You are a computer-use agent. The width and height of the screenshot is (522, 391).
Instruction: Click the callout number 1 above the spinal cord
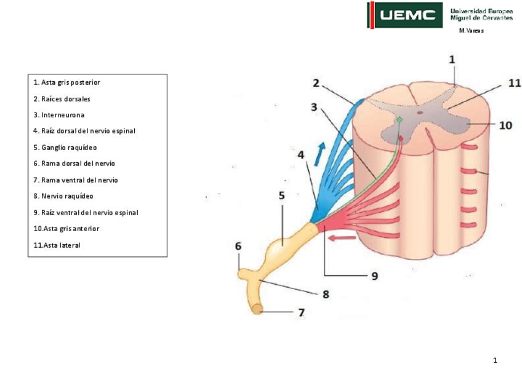(452, 60)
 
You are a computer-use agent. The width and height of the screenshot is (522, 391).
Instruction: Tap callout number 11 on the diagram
(514, 83)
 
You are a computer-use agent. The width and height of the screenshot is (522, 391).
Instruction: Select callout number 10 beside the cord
(505, 125)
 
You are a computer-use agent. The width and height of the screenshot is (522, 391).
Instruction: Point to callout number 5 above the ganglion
(282, 195)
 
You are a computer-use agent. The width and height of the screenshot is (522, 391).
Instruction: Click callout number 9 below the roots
(374, 276)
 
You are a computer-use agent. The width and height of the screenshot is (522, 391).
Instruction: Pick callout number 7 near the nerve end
(301, 312)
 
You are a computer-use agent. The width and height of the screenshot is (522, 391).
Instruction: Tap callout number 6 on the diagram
(238, 246)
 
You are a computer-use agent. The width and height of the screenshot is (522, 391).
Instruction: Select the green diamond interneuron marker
(399, 119)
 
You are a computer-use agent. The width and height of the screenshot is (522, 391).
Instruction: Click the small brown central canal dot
(420, 113)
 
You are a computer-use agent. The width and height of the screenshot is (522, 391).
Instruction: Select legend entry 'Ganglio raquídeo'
(65, 148)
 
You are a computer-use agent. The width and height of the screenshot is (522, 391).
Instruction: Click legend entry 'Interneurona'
(59, 115)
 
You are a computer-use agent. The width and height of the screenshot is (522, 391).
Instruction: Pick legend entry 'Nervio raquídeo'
(63, 196)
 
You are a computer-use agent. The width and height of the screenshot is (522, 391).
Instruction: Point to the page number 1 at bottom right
(494, 360)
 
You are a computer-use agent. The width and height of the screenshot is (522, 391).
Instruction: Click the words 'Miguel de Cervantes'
(481, 18)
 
